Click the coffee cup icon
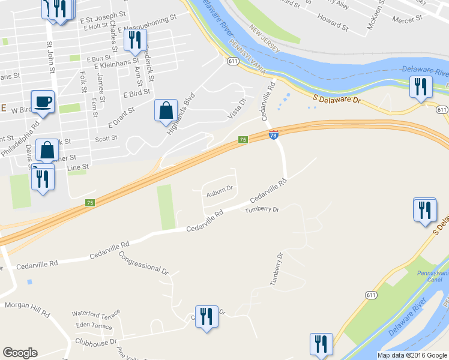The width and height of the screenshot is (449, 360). [x=43, y=101]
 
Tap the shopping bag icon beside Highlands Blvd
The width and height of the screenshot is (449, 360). [x=166, y=111]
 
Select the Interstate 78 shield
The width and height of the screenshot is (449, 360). [x=274, y=136]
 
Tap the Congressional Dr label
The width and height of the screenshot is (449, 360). [x=144, y=262]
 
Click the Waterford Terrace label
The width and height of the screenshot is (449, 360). [x=96, y=313]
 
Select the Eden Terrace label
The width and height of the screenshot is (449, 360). [x=94, y=326]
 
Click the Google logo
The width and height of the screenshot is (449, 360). [x=20, y=353]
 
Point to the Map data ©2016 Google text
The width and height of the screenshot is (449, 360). [x=411, y=355]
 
